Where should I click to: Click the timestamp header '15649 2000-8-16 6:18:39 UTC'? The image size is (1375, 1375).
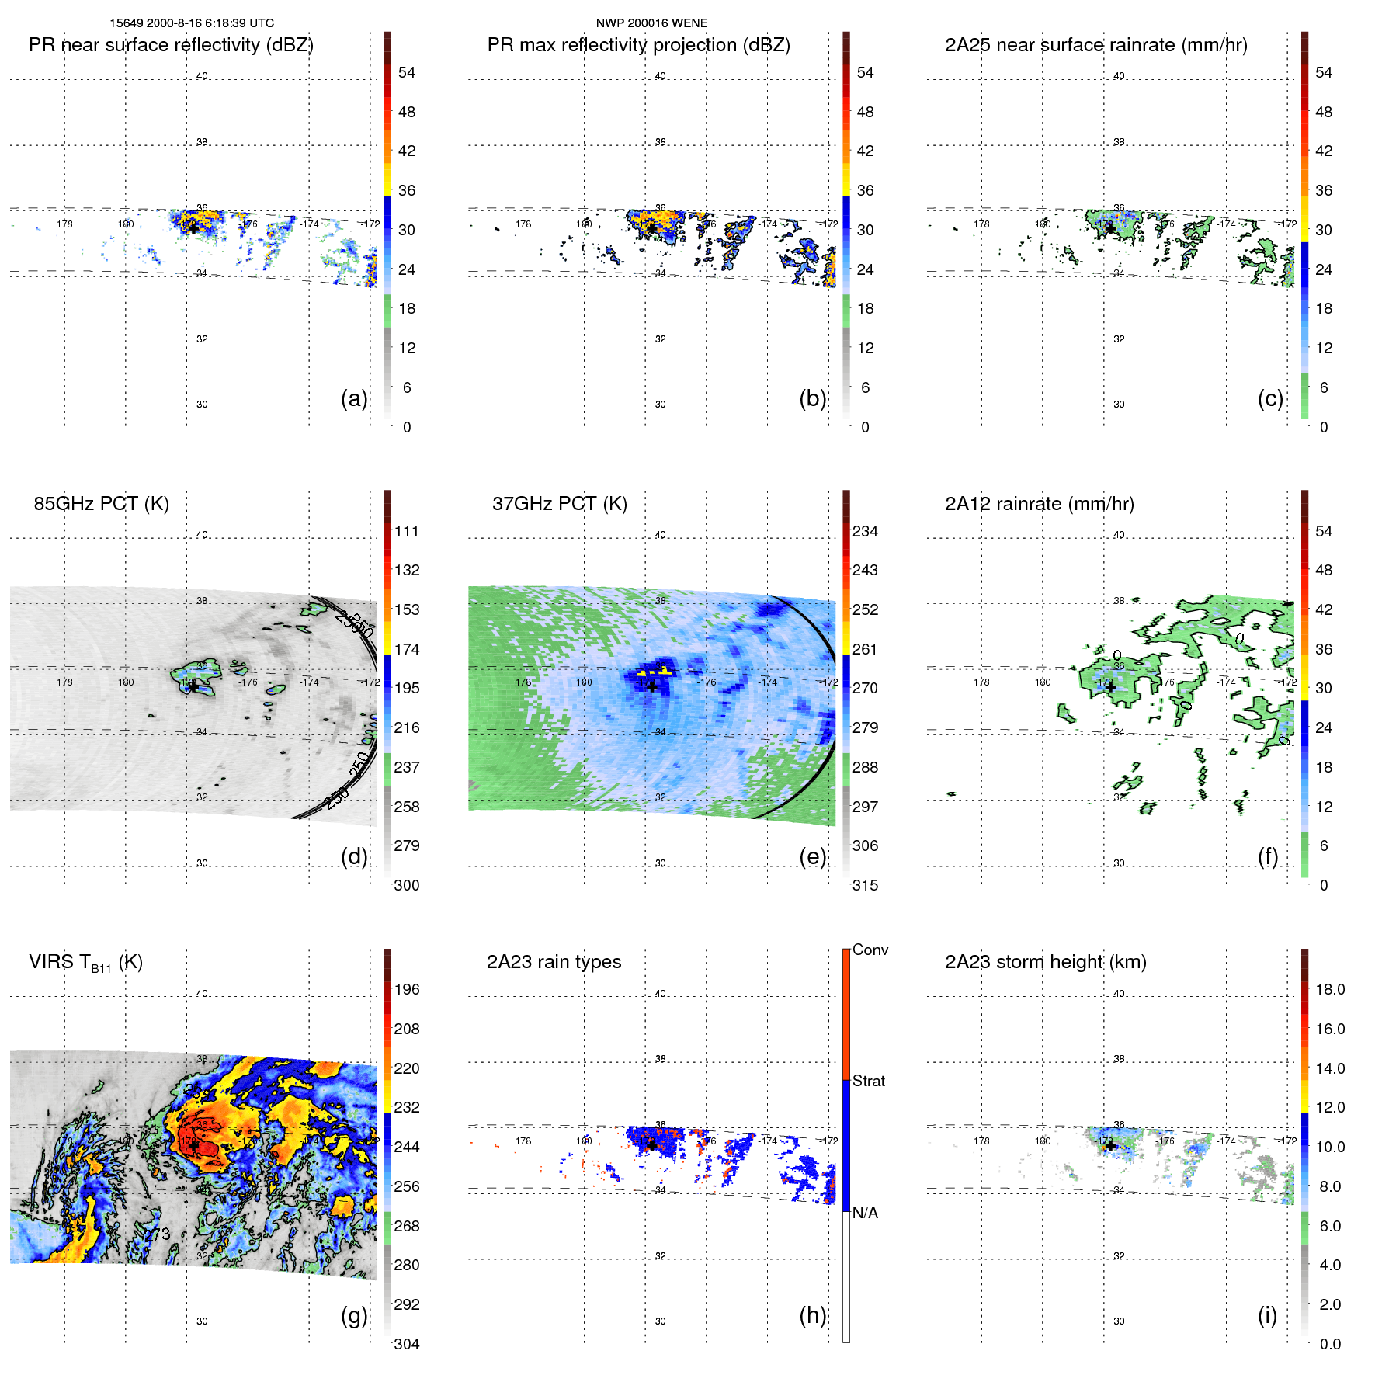click(x=192, y=23)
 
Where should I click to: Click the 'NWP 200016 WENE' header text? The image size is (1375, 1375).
click(x=651, y=23)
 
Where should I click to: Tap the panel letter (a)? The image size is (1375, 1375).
click(x=354, y=398)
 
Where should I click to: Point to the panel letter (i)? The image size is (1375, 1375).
click(x=1267, y=1315)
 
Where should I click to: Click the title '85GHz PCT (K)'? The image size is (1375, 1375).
click(x=101, y=503)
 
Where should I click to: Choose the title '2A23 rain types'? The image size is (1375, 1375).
click(x=554, y=962)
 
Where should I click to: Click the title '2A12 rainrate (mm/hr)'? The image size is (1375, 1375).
click(x=1040, y=503)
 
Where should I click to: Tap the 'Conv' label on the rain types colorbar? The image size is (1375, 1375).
click(x=870, y=950)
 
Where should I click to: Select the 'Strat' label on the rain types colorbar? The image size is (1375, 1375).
click(x=868, y=1081)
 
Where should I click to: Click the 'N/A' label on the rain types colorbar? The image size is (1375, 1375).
click(x=865, y=1213)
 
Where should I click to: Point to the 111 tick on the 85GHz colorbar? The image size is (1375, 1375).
click(x=407, y=531)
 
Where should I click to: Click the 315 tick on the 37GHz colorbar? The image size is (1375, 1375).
click(x=865, y=885)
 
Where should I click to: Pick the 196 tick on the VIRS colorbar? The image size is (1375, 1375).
click(x=407, y=989)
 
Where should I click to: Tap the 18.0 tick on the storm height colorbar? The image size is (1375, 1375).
click(x=1329, y=989)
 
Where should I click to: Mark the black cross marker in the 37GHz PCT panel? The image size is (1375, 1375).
click(x=652, y=686)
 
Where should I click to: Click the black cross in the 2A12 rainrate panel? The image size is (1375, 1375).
click(x=1110, y=687)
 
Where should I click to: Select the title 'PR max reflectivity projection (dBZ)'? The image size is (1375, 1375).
click(x=638, y=45)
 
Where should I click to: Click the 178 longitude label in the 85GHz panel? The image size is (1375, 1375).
click(x=64, y=682)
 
